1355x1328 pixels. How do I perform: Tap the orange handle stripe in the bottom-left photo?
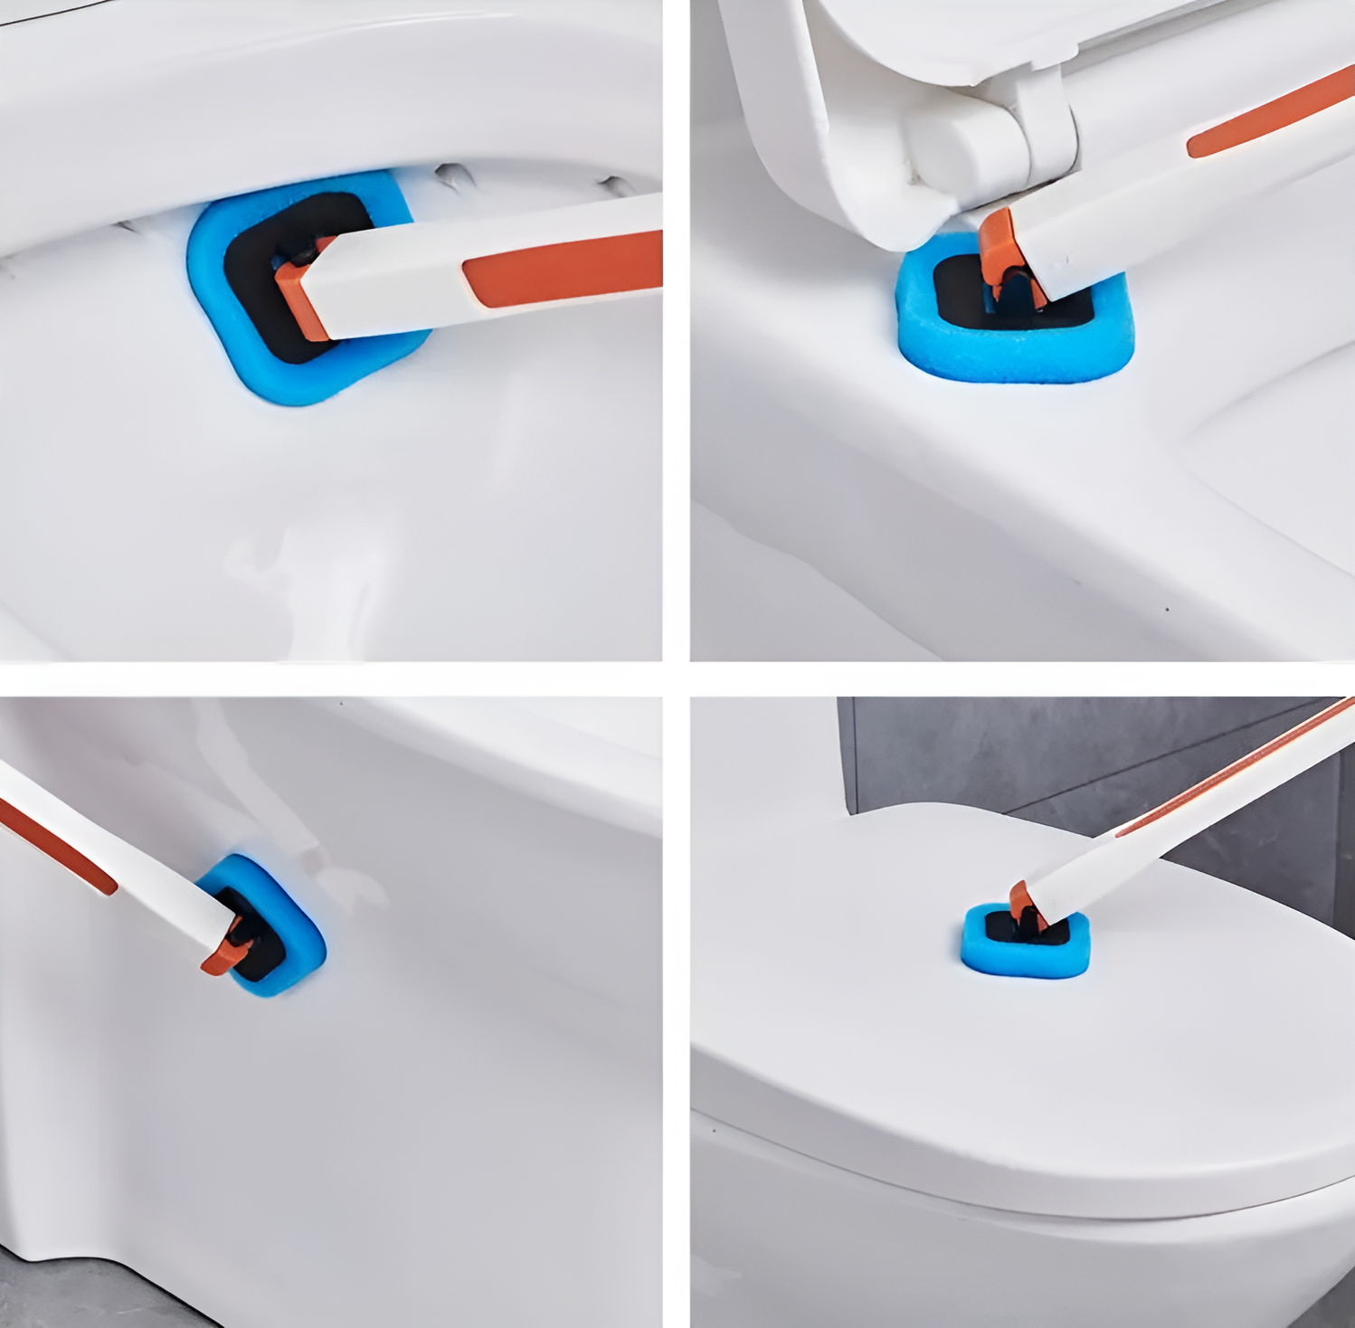click(54, 846)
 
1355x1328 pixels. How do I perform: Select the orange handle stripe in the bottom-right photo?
click(1239, 769)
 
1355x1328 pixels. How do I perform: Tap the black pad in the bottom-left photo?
click(258, 959)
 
